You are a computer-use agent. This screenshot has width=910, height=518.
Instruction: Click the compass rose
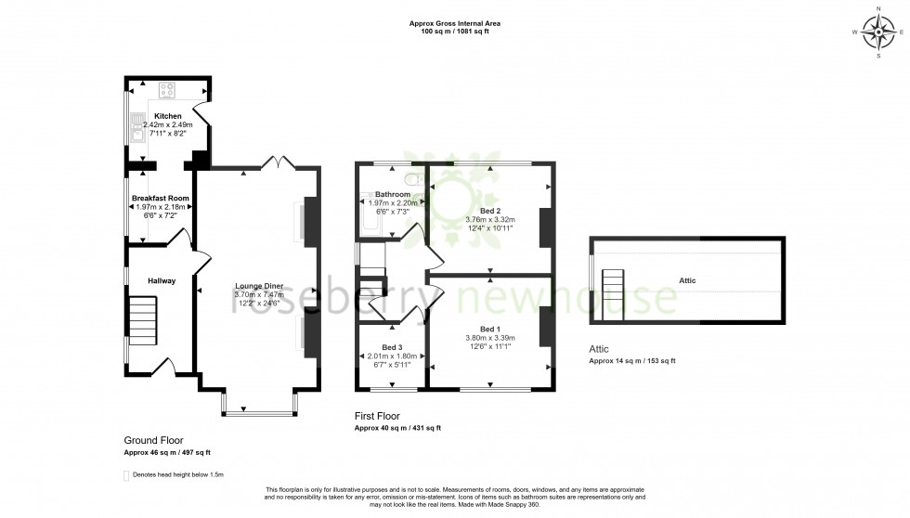[x=877, y=32]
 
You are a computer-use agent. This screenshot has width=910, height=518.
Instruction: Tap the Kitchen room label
[x=168, y=116]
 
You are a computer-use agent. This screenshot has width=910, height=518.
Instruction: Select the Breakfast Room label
[x=161, y=199]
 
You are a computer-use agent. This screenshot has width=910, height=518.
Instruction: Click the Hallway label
[x=161, y=280]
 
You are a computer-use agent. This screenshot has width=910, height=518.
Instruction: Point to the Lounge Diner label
[x=259, y=286]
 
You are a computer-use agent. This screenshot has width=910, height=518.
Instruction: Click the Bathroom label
[x=393, y=194]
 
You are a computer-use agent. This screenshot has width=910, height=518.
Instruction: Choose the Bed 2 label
[x=488, y=211]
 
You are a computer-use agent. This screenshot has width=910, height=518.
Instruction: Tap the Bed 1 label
[x=489, y=329]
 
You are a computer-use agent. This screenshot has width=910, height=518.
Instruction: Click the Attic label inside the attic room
[x=687, y=280]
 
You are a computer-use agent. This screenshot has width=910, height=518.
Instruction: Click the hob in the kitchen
[x=168, y=90]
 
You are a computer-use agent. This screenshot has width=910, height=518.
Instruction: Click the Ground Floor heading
[x=153, y=440]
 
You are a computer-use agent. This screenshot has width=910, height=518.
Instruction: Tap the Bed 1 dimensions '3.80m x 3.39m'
[x=489, y=338]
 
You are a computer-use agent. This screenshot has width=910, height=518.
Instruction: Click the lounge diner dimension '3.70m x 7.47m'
[x=259, y=294]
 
